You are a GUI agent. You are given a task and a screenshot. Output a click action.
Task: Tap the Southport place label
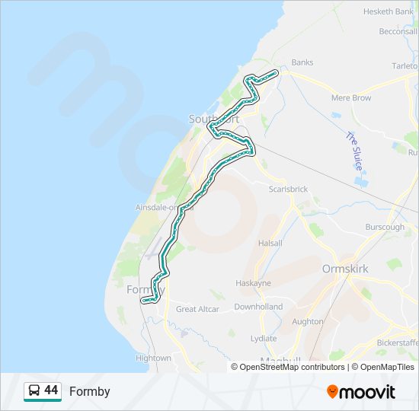point(214,119)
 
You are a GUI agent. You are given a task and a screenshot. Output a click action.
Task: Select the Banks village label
point(302,62)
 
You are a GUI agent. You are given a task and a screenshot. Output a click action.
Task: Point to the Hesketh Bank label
point(388,11)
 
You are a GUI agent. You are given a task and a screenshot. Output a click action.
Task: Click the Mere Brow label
point(351,98)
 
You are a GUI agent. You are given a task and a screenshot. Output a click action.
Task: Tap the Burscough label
point(384,227)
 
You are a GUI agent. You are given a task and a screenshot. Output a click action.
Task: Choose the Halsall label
point(270,243)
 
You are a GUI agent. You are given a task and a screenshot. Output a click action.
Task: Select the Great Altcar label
point(197,309)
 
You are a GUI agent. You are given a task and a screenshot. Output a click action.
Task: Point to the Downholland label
point(258,307)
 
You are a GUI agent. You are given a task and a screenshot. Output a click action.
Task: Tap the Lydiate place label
point(264,338)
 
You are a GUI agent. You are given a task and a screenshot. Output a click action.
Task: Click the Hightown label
point(153,358)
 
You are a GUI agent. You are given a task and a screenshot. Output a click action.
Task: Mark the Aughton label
point(308,321)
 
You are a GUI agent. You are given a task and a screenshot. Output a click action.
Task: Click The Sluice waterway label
point(355,150)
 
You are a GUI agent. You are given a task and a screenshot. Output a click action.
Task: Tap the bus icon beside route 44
point(34,391)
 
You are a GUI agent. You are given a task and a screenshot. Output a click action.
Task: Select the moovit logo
point(361,392)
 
